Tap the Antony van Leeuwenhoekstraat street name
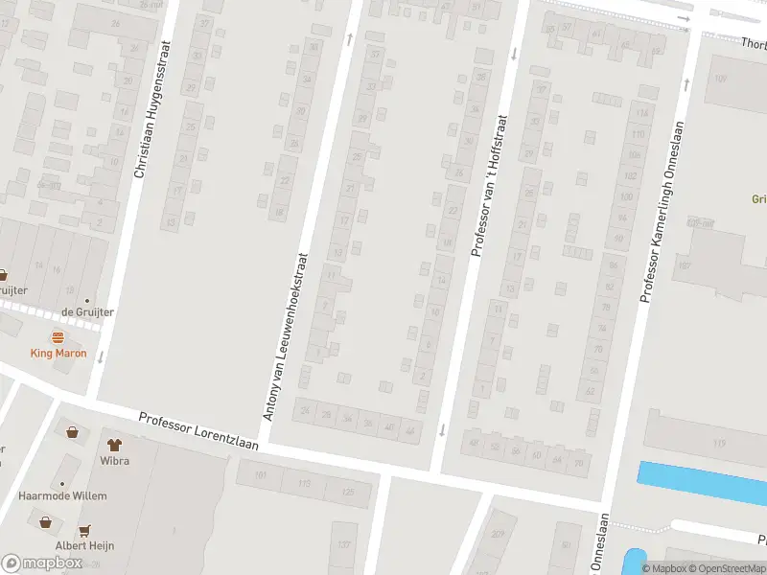click(x=285, y=336)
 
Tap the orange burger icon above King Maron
click(x=58, y=337)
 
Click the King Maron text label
click(x=58, y=354)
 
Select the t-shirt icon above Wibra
click(x=115, y=445)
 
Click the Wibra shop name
click(x=115, y=461)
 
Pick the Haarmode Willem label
click(x=62, y=496)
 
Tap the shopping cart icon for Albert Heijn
click(x=85, y=530)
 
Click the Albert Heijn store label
click(x=85, y=546)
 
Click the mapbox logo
click(x=41, y=563)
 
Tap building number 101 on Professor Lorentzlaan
click(x=259, y=474)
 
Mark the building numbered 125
click(x=347, y=493)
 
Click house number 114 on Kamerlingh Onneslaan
click(x=641, y=113)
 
